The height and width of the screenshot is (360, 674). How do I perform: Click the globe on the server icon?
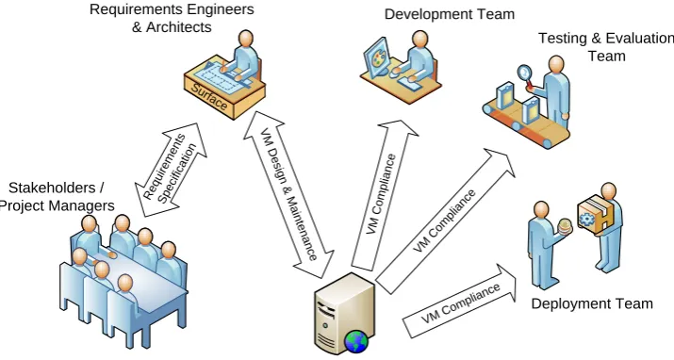pyautogui.click(x=356, y=342)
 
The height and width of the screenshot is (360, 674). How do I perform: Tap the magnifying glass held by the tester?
pyautogui.click(x=525, y=74)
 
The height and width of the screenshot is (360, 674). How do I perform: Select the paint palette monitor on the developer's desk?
pyautogui.click(x=376, y=57)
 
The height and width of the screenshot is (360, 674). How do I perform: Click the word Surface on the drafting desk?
pyautogui.click(x=209, y=97)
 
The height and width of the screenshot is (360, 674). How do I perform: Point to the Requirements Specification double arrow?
pyautogui.click(x=171, y=171)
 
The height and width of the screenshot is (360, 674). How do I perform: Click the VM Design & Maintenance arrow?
pyautogui.click(x=288, y=194)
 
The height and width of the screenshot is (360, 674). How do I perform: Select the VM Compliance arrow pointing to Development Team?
pyautogui.click(x=383, y=196)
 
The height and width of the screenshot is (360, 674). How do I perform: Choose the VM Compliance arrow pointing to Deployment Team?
pyautogui.click(x=459, y=302)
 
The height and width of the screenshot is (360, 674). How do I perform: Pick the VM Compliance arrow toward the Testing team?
pyautogui.click(x=445, y=221)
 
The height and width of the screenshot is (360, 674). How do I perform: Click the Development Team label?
pyautogui.click(x=450, y=14)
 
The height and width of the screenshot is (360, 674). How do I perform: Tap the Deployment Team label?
pyautogui.click(x=592, y=303)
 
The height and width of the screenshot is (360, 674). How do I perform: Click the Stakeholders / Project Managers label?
pyautogui.click(x=57, y=197)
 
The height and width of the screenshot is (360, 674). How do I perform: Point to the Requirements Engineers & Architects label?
pyautogui.click(x=172, y=18)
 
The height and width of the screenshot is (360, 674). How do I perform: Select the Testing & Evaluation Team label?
pyautogui.click(x=606, y=47)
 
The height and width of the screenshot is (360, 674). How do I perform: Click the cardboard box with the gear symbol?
pyautogui.click(x=596, y=214)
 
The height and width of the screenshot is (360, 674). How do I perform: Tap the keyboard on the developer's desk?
pyautogui.click(x=409, y=84)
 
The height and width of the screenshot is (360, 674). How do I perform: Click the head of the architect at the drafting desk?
pyautogui.click(x=246, y=39)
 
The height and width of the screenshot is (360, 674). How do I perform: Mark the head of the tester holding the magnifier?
pyautogui.click(x=556, y=64)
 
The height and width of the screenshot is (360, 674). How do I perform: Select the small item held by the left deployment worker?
pyautogui.click(x=565, y=226)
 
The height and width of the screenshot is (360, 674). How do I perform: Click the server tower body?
pyautogui.click(x=344, y=311)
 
